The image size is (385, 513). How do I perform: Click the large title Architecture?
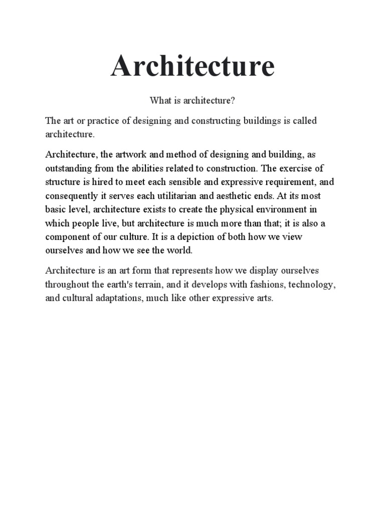pos(192,66)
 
